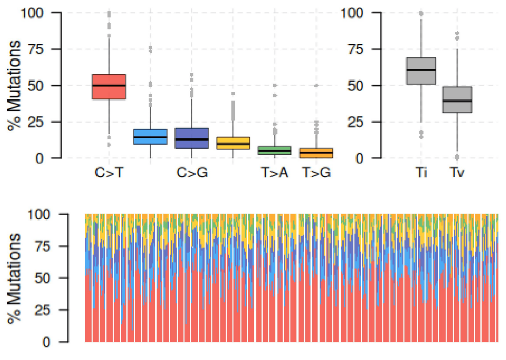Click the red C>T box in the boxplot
(109, 87)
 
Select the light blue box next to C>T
(150, 136)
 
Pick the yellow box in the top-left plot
(233, 143)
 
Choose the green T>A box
(275, 150)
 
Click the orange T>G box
(316, 153)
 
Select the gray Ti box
(421, 71)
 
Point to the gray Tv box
(457, 99)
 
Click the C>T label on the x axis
(109, 173)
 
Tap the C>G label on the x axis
(192, 173)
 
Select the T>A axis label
(275, 173)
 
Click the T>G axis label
(316, 173)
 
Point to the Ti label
(421, 173)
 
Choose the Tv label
(457, 173)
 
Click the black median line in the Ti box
(421, 70)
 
